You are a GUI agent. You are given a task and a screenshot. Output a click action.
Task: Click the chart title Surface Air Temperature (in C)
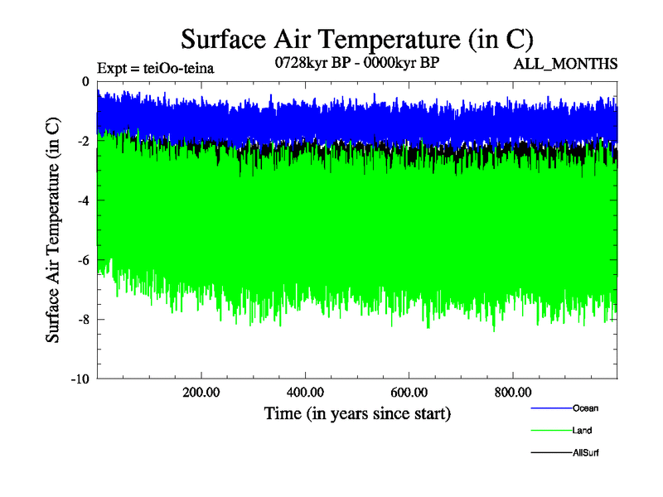pyautogui.click(x=356, y=39)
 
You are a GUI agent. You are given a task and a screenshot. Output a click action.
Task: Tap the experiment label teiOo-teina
pyautogui.click(x=156, y=69)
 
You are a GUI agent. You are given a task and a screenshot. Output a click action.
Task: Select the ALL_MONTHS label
pyautogui.click(x=566, y=64)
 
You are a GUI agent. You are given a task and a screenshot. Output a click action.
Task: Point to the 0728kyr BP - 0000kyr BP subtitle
pyautogui.click(x=356, y=63)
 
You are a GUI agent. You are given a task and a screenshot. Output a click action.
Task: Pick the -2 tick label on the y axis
pyautogui.click(x=83, y=141)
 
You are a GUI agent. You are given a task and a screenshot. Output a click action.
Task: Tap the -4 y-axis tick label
pyautogui.click(x=83, y=200)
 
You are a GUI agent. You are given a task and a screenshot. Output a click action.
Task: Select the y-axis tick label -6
pyautogui.click(x=83, y=260)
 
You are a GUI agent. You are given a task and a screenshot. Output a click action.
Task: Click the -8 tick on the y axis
pyautogui.click(x=83, y=320)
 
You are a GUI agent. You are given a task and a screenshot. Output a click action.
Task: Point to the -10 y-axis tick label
pyautogui.click(x=80, y=379)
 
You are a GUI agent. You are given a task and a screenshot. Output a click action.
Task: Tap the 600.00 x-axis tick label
pyautogui.click(x=409, y=393)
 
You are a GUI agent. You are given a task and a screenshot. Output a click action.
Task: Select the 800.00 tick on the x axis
pyautogui.click(x=513, y=393)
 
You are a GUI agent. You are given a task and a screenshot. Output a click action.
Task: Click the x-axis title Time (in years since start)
pyautogui.click(x=357, y=413)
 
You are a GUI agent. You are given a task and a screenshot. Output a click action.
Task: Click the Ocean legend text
pyautogui.click(x=584, y=408)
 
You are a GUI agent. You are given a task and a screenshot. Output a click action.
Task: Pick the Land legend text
pyautogui.click(x=582, y=431)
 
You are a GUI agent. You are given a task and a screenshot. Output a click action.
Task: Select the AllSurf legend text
pyautogui.click(x=585, y=453)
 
